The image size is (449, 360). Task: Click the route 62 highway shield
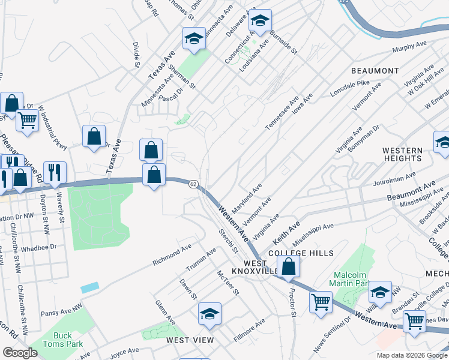point(193,184)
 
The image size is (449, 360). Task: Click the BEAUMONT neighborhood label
point(375,71)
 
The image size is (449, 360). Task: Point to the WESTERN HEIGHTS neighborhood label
point(402,154)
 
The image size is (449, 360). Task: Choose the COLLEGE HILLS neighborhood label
point(301,253)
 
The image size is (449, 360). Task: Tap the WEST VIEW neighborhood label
point(190,340)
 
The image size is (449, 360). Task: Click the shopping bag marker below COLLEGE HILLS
point(289,267)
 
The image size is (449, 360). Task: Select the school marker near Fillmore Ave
point(210,313)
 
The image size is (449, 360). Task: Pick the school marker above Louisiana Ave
point(260,21)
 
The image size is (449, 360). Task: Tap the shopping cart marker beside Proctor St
point(321,301)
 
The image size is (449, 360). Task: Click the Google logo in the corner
point(20,353)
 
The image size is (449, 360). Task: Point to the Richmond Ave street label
point(172,254)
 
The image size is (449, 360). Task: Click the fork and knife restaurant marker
point(55,172)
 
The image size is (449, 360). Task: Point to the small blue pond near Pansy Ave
point(89,288)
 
